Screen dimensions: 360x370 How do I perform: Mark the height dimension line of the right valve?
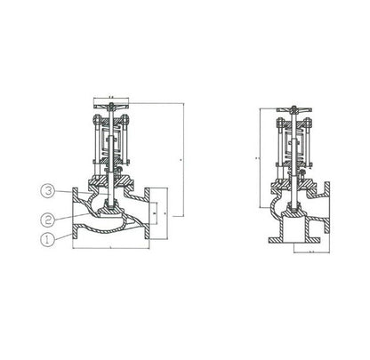coord(259,156)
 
